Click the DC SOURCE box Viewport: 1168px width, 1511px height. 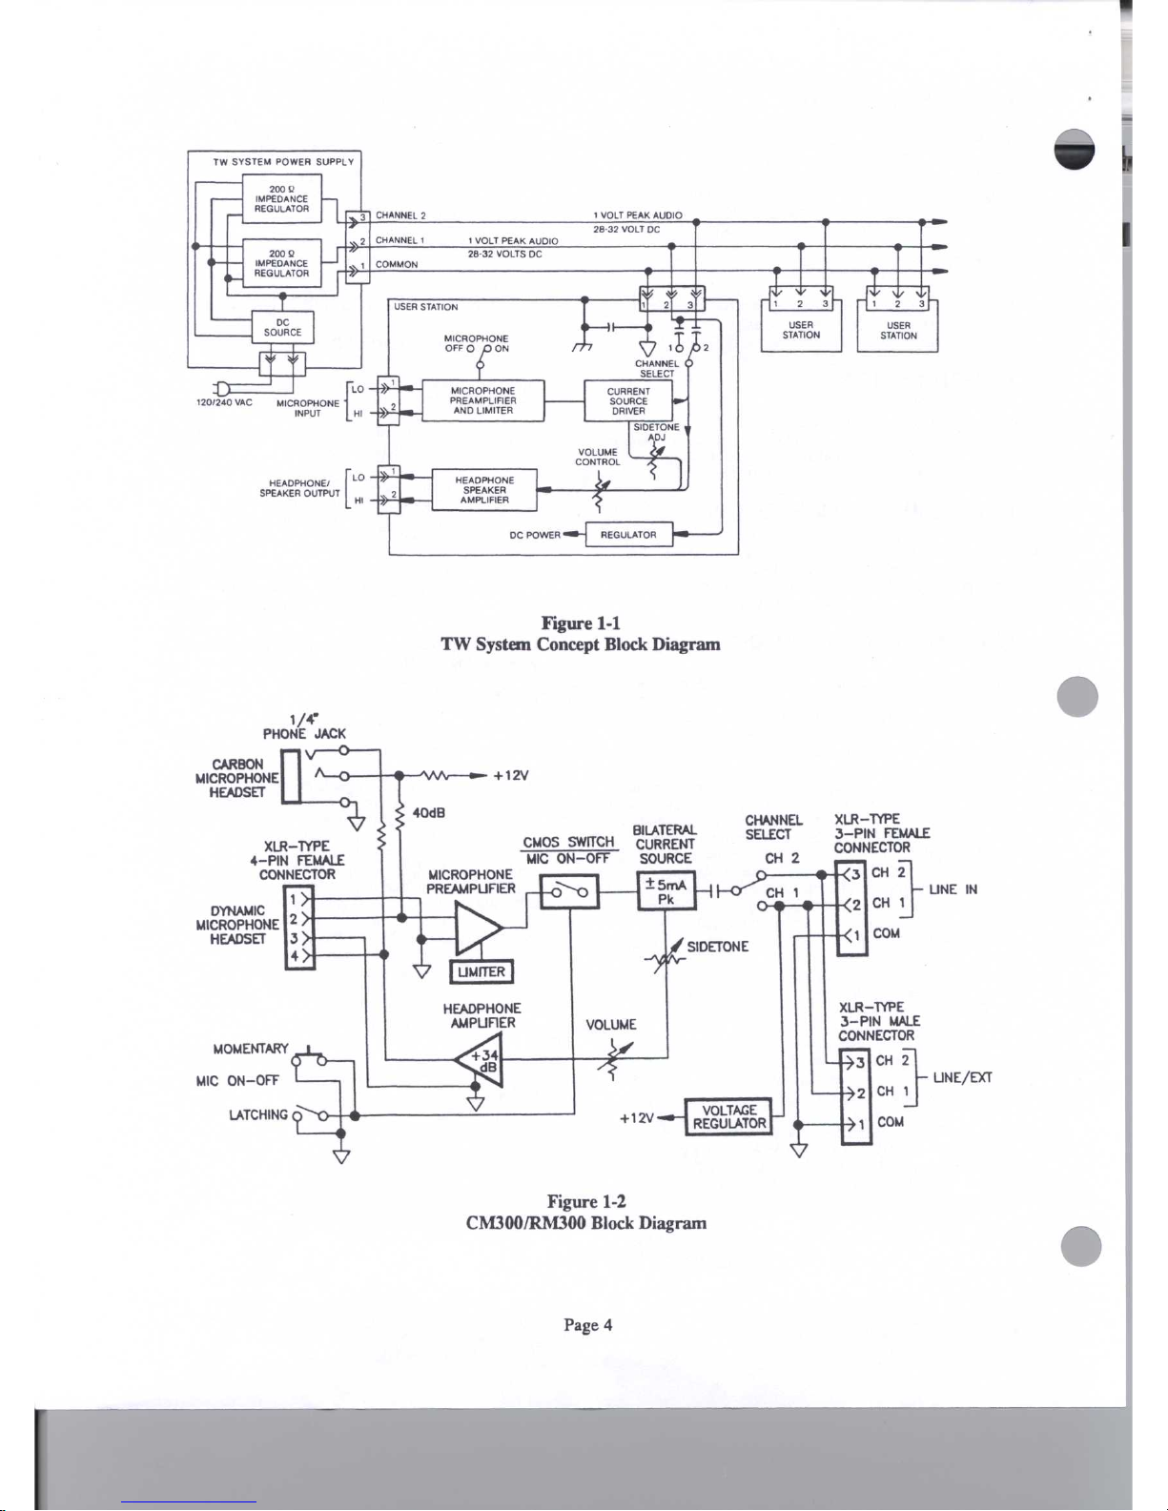tap(282, 328)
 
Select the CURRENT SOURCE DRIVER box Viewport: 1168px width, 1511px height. tap(628, 401)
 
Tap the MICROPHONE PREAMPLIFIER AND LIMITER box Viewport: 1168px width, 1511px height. tap(483, 401)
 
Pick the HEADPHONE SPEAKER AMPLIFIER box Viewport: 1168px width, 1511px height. tap(484, 490)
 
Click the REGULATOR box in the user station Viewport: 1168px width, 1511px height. tap(629, 535)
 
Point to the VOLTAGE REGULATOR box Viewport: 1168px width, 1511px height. tap(728, 1116)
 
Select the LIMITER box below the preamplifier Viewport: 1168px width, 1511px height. tap(482, 972)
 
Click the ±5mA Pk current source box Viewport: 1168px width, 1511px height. tap(666, 890)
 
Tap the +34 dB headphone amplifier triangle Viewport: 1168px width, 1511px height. tap(480, 1060)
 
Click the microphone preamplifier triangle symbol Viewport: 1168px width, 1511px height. tap(478, 929)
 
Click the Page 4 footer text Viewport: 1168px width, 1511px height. tap(587, 1325)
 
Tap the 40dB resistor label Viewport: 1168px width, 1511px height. tap(428, 813)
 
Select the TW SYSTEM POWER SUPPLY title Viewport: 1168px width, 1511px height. tap(284, 162)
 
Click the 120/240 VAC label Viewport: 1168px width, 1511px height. tap(223, 402)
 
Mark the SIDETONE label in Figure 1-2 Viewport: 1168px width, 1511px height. tap(717, 947)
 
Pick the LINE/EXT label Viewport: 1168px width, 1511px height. tap(962, 1078)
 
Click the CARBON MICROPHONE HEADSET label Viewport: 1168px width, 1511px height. tap(237, 778)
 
